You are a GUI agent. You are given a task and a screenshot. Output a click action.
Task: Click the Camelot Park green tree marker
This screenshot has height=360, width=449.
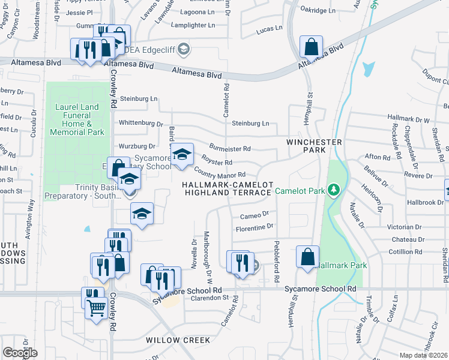[334, 191]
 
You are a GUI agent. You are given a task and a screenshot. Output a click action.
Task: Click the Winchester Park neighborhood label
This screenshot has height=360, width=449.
[314, 146]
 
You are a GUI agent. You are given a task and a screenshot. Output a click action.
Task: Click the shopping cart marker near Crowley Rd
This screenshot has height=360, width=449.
[96, 308]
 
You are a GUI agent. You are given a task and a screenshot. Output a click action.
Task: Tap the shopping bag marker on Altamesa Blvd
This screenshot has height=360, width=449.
[312, 47]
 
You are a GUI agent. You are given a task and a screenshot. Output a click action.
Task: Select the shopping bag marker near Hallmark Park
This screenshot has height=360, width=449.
[307, 257]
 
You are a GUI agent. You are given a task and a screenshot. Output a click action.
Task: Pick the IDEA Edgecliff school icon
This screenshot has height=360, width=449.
[184, 49]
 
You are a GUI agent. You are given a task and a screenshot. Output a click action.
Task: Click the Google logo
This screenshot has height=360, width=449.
[19, 352]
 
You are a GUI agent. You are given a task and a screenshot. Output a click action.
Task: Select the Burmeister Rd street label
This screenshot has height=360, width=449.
[229, 148]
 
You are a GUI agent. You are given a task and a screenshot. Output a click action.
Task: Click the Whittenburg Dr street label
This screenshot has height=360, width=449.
[141, 124]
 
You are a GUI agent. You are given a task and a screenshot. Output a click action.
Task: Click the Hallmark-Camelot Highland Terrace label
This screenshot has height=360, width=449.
[228, 188]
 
